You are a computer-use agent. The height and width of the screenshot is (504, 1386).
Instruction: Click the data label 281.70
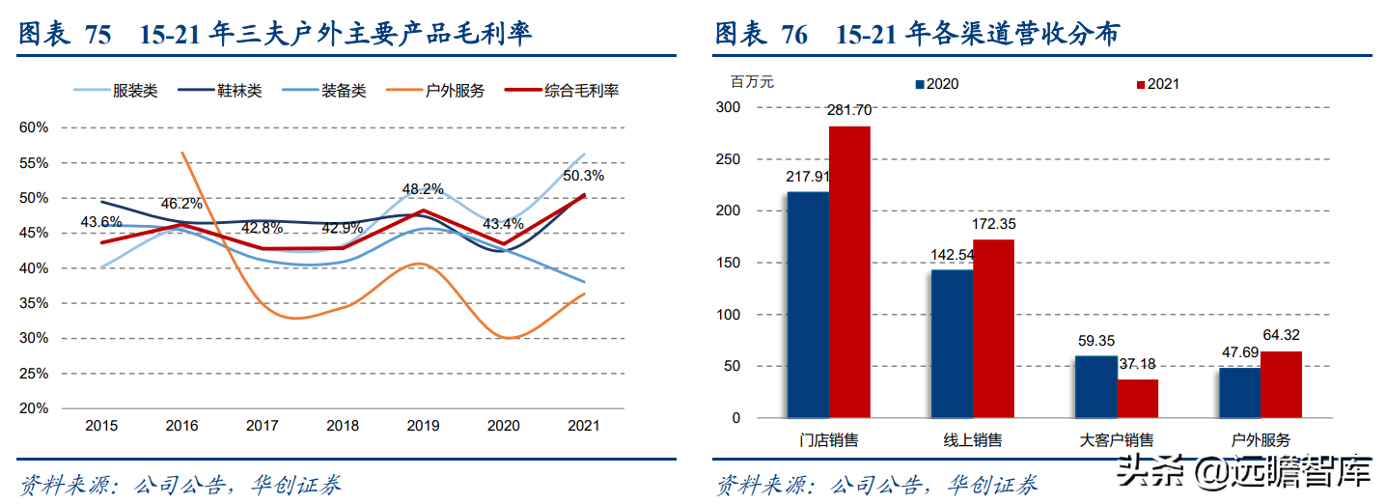coord(849,109)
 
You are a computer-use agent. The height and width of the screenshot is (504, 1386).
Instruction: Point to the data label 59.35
coord(1096,341)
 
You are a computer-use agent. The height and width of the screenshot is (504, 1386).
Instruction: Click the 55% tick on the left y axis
coord(34,163)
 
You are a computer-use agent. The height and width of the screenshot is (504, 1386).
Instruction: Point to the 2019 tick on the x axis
coord(423,426)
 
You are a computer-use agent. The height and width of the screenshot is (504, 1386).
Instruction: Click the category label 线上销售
coord(972,440)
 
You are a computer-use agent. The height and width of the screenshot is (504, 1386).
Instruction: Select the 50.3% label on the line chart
coord(585,176)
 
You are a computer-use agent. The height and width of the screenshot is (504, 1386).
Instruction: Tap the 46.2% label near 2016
coord(181,204)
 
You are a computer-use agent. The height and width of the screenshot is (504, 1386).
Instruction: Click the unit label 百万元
coord(753,82)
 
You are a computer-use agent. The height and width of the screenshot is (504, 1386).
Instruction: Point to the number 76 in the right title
coord(794,35)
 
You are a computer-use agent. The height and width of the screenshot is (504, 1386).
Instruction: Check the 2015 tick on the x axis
coord(102,426)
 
